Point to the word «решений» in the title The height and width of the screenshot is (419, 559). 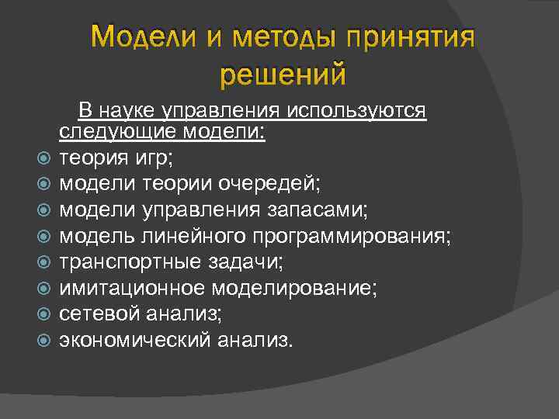[x=282, y=75]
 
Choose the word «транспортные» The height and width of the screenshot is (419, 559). [x=116, y=262]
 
